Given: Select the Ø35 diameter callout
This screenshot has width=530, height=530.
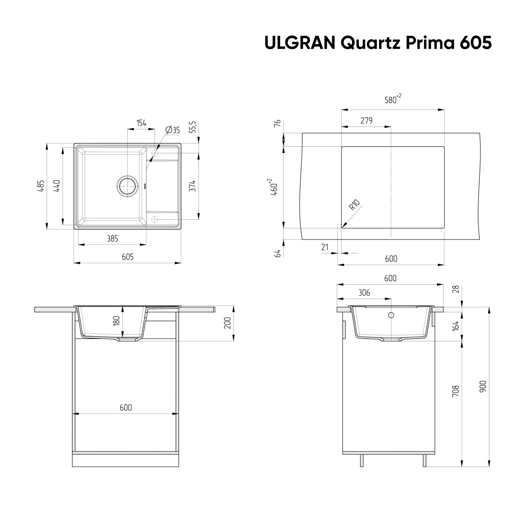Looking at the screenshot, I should (172, 130).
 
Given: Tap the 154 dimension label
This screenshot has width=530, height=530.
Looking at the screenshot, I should (141, 123).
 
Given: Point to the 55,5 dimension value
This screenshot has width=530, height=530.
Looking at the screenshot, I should (193, 127).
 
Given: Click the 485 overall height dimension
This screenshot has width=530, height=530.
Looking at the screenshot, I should (41, 186).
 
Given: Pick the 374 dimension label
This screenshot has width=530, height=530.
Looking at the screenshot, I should (192, 185).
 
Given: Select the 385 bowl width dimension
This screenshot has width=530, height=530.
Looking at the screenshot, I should (112, 239).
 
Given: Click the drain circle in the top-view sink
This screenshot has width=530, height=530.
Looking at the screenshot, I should (127, 185).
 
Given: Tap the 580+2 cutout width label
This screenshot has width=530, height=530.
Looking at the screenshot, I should (393, 99).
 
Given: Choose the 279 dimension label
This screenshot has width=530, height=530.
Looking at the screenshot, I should (366, 120).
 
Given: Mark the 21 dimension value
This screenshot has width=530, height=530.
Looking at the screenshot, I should (325, 247).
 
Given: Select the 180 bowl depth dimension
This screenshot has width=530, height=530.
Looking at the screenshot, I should (117, 321).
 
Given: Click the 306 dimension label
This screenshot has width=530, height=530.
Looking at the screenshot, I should (364, 293).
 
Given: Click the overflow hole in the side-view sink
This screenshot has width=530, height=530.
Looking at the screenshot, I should (391, 315).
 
